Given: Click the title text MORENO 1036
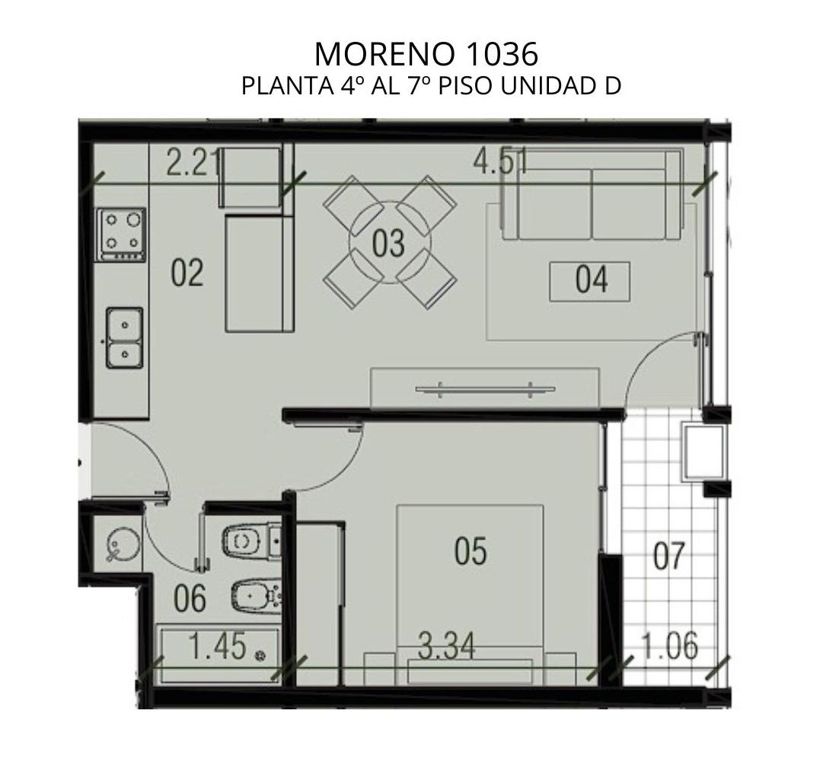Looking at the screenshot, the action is (x=426, y=53).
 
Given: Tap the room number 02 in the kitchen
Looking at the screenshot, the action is (x=187, y=273).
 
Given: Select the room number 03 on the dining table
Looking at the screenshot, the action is (x=388, y=244).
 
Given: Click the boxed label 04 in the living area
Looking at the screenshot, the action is (x=590, y=282).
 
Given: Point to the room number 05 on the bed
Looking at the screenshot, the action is (x=471, y=551).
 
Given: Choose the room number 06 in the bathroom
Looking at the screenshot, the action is (x=190, y=600).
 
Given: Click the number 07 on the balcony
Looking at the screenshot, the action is (x=668, y=556).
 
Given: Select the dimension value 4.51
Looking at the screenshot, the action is (x=500, y=161).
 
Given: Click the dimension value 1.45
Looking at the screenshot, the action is (x=217, y=646).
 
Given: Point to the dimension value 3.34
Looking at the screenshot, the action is (x=447, y=646).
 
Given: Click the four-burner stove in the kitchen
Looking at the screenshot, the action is (x=121, y=234).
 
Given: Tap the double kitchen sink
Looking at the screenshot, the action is (x=124, y=338).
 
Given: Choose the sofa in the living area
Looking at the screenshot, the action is (x=592, y=195).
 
